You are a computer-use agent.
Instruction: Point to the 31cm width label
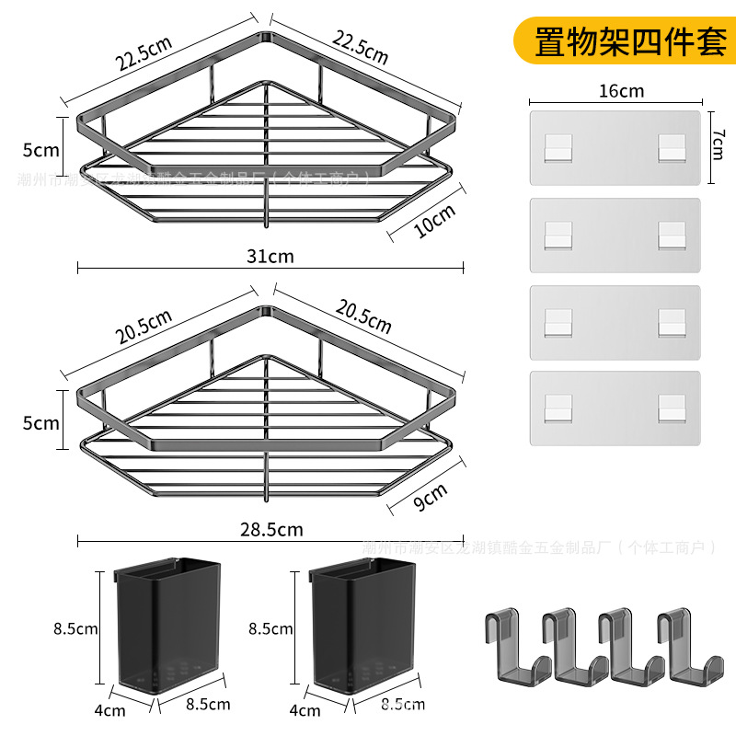(x=271, y=256)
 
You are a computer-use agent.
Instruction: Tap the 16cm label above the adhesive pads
(x=620, y=90)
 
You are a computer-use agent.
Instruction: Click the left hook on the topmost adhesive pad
(x=558, y=147)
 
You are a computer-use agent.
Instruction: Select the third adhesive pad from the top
(x=615, y=323)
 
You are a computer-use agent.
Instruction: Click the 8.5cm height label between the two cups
(x=270, y=629)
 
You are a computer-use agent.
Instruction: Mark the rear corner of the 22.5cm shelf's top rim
(x=267, y=36)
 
